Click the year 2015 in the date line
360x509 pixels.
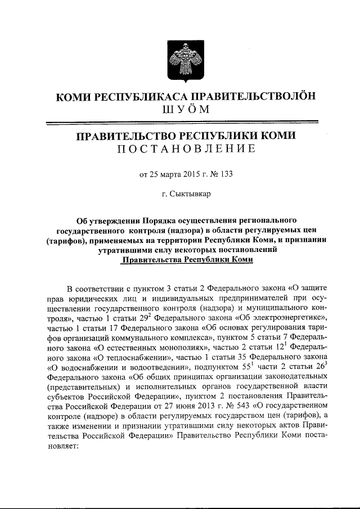[x=191, y=174]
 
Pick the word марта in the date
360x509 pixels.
[x=167, y=174]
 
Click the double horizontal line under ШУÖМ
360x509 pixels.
[x=181, y=123]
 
